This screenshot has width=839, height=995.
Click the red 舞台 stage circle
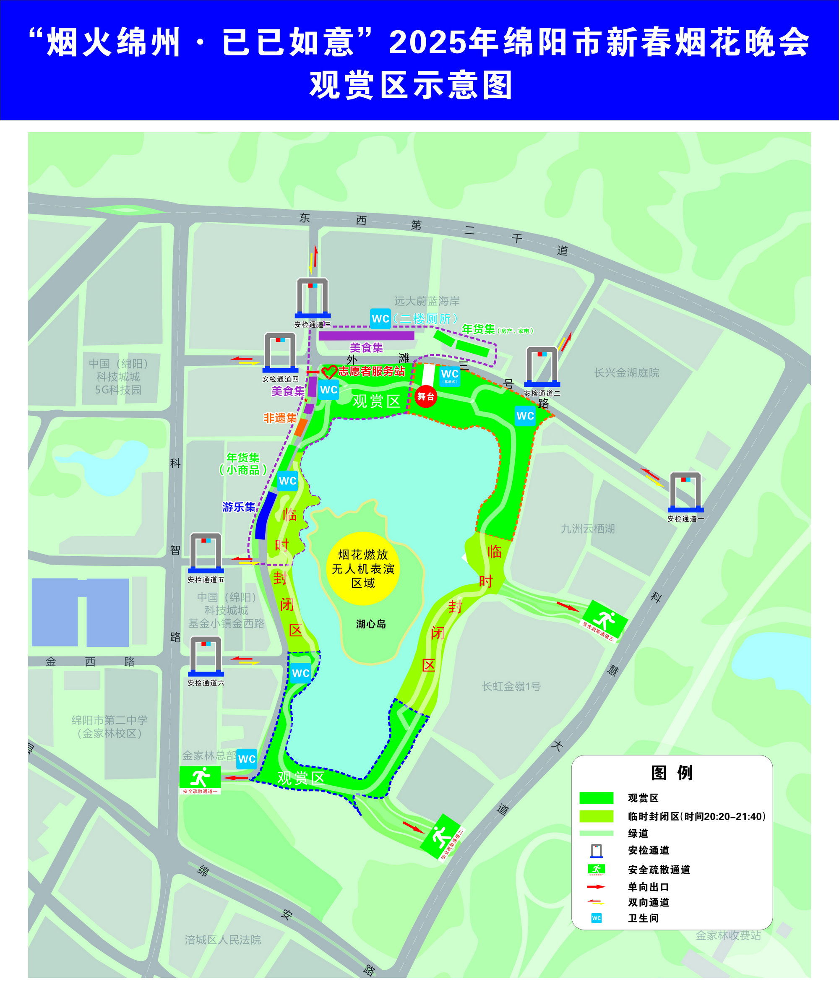coord(426,396)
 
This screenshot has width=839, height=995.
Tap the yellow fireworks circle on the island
coord(363,568)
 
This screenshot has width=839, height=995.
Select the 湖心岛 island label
coord(371,624)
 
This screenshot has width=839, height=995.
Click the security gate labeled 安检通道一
coord(685,492)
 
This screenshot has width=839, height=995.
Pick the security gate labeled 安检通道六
coord(206,656)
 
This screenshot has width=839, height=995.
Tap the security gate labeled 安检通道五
coord(206,553)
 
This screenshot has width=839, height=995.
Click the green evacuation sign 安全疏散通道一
coord(200,779)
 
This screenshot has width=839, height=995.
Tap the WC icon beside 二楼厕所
coord(380,319)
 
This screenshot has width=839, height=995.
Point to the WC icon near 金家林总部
coord(247,758)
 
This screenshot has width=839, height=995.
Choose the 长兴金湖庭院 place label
coord(626,373)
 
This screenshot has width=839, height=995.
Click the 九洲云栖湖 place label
coord(588,529)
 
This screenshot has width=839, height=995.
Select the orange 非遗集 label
coord(280,418)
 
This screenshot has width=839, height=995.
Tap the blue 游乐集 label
coord(239,507)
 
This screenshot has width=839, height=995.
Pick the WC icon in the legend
coord(597,918)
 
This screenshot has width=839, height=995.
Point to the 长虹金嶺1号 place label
coord(511,686)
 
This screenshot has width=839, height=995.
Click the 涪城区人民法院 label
coord(223,940)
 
